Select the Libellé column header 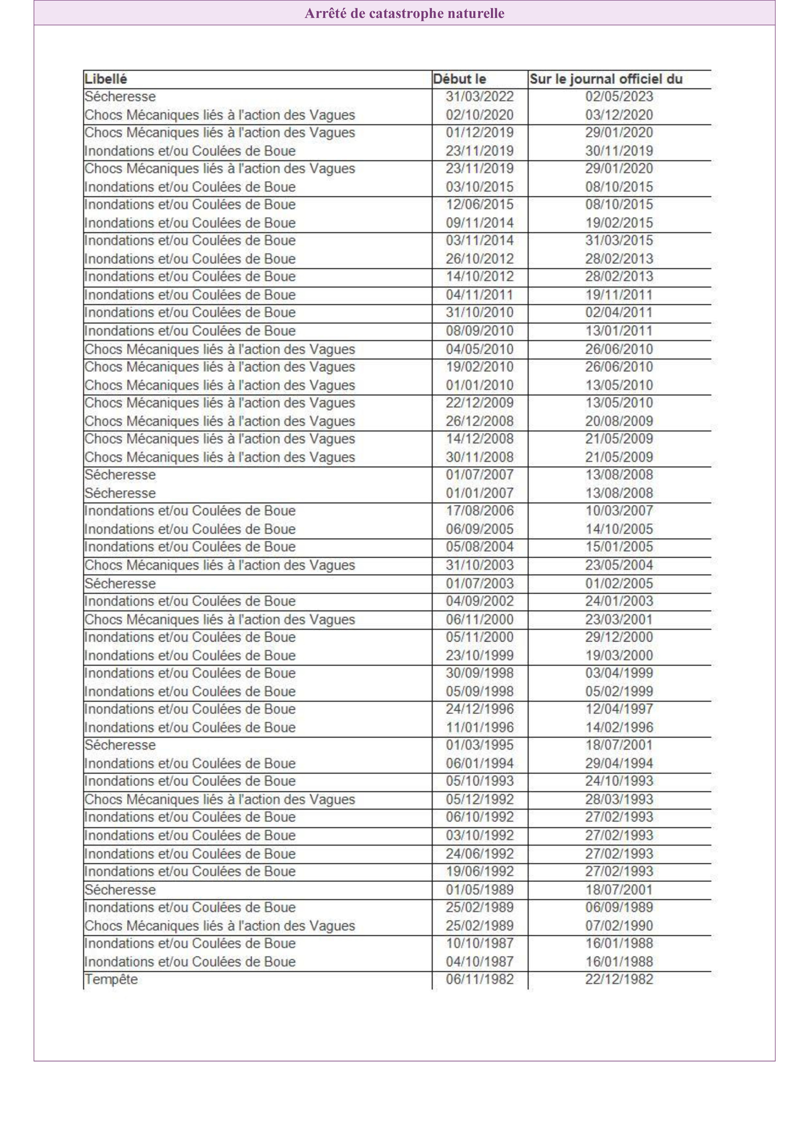(x=106, y=79)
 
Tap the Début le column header (x=459, y=79)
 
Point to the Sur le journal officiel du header (x=606, y=79)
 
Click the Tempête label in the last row (x=111, y=979)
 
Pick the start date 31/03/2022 (x=479, y=96)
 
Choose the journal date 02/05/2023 (x=619, y=96)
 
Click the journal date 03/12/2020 (x=619, y=114)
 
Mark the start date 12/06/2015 (x=479, y=204)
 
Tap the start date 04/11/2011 (x=479, y=295)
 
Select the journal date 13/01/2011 (x=619, y=331)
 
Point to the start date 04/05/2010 (x=479, y=349)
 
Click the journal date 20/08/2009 (x=619, y=421)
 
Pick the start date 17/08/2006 (x=479, y=511)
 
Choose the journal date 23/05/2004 (x=619, y=565)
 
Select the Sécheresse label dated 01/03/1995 (x=120, y=745)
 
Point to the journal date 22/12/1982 (x=619, y=979)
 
